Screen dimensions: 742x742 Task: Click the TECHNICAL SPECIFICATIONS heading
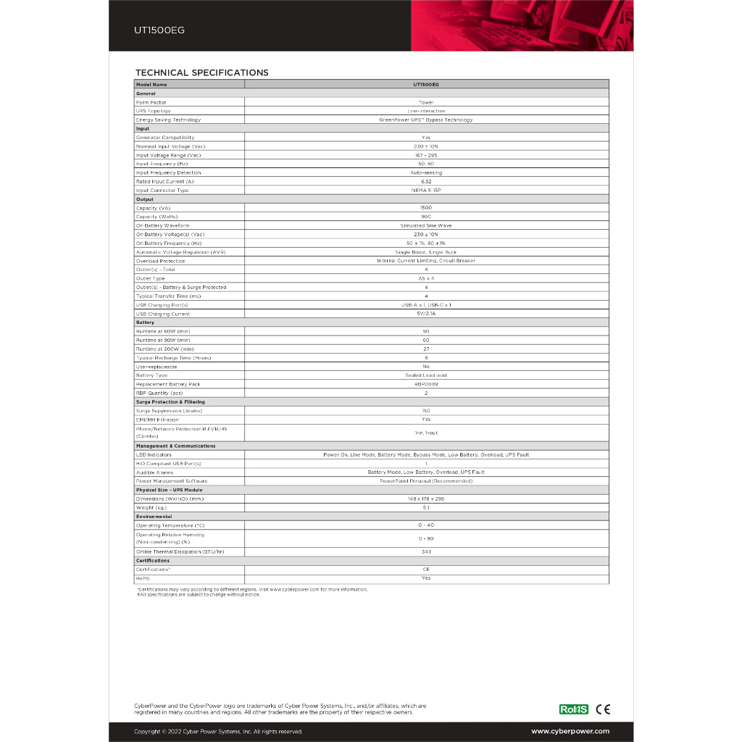[x=201, y=72]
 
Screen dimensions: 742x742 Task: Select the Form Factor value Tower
[x=426, y=102]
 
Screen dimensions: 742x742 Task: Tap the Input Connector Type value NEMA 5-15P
[x=426, y=191]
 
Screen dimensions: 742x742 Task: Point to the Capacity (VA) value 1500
[x=426, y=208]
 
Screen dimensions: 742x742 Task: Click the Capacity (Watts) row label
[x=157, y=217]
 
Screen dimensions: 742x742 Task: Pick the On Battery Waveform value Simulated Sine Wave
[x=426, y=225]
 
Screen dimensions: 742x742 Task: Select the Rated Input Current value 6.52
[x=426, y=182]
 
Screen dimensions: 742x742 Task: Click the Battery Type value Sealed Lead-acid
[x=426, y=375]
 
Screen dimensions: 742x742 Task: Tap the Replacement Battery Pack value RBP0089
[x=426, y=384]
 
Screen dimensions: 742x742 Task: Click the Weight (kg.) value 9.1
[x=426, y=508]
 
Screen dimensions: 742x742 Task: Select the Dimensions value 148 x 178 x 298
[x=426, y=499]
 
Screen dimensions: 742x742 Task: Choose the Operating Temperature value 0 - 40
[x=426, y=525]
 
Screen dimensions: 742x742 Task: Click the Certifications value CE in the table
[x=426, y=570]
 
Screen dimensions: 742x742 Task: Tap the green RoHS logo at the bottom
[x=573, y=709]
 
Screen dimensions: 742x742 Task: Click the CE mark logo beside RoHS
[x=602, y=709]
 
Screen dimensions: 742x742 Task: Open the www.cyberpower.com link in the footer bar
[x=570, y=732]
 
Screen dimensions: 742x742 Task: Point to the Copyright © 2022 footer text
[x=218, y=732]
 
